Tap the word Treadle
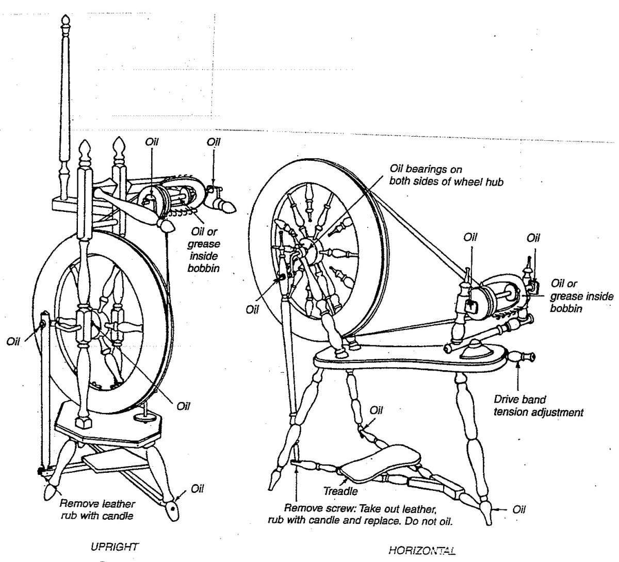pos(340,492)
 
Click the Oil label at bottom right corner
pos(519,509)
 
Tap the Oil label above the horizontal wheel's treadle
pos(377,410)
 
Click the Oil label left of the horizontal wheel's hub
pos(252,310)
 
